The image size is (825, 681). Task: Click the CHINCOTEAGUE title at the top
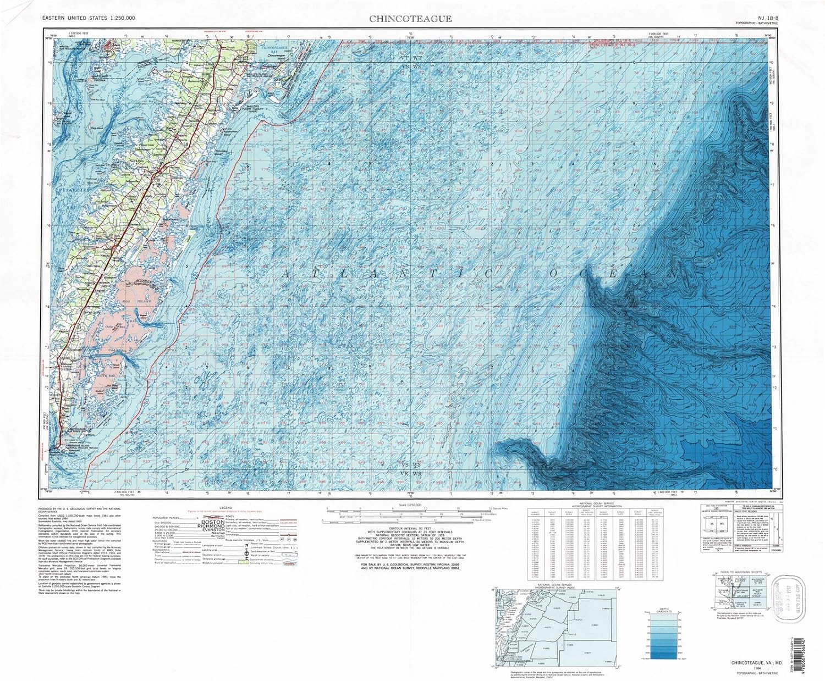pyautogui.click(x=410, y=18)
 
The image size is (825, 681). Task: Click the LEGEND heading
pyautogui.click(x=226, y=507)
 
